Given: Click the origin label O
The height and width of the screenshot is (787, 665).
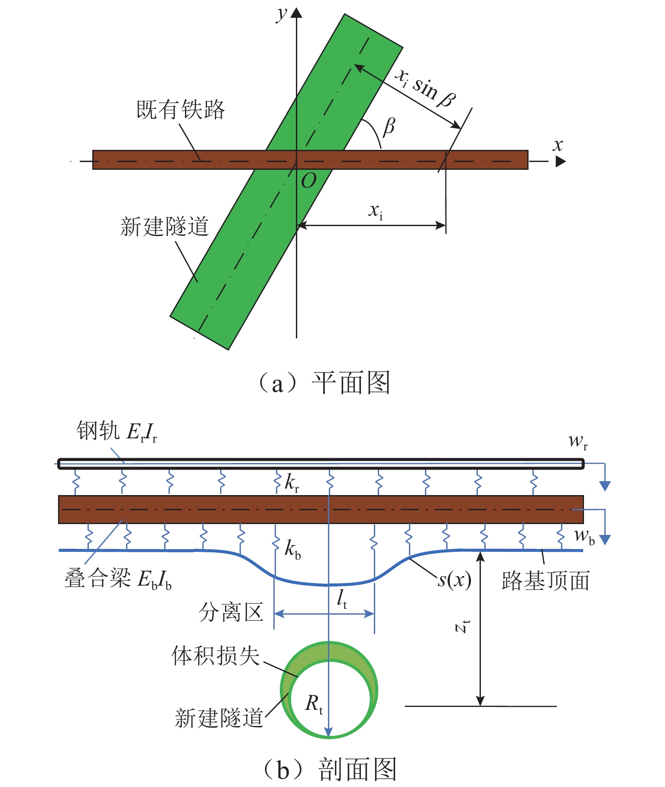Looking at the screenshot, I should (308, 181).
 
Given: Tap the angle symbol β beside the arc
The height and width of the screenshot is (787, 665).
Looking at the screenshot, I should (389, 126).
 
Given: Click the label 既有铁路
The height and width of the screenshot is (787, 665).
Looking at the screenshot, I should (181, 110).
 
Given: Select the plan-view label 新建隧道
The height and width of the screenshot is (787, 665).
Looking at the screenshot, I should (165, 227).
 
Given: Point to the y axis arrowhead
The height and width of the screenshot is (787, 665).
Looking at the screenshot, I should (296, 13).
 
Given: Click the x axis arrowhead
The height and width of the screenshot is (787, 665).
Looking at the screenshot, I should (561, 162).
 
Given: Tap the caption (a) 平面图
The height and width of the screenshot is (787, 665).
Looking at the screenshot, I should (324, 383).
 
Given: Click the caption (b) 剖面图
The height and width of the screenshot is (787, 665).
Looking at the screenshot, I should (329, 769).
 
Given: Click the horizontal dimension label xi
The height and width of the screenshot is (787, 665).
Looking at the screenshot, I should (376, 211).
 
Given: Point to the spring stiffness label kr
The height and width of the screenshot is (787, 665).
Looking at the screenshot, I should (292, 483).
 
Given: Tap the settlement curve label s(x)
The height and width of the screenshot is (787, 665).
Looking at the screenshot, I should (454, 580).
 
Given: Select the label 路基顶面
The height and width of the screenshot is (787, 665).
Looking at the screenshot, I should (545, 581).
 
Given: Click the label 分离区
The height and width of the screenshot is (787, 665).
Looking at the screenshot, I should (231, 612).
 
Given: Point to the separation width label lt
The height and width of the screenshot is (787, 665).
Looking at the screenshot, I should (342, 599).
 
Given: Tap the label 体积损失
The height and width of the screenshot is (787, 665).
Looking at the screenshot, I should (215, 656).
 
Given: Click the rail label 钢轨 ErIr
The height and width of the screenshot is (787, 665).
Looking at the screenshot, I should (117, 431).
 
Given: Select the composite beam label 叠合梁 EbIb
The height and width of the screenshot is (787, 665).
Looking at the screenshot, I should (118, 579).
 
